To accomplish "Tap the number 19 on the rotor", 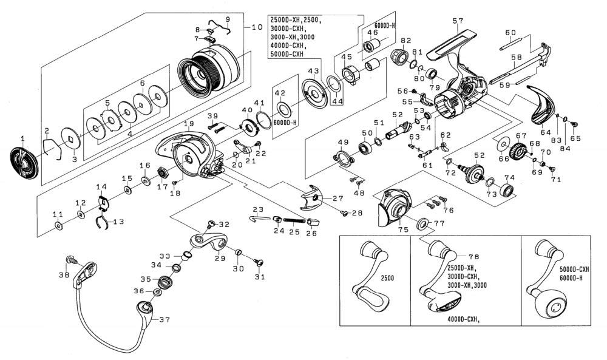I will point(189,123).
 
